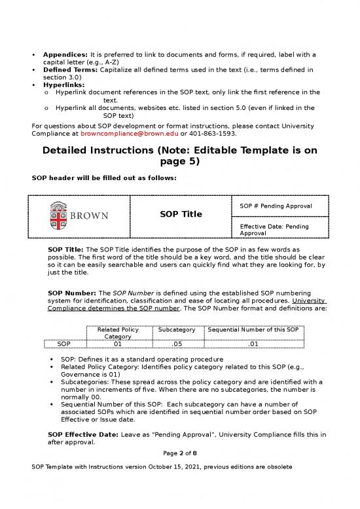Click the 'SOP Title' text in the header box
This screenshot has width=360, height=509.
[x=180, y=214]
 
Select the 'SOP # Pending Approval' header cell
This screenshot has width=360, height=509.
[x=271, y=206]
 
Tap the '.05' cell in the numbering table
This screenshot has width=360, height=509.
[x=176, y=343]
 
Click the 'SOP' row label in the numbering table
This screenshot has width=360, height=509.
[x=64, y=343]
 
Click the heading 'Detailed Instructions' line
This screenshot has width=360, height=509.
[x=180, y=151]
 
